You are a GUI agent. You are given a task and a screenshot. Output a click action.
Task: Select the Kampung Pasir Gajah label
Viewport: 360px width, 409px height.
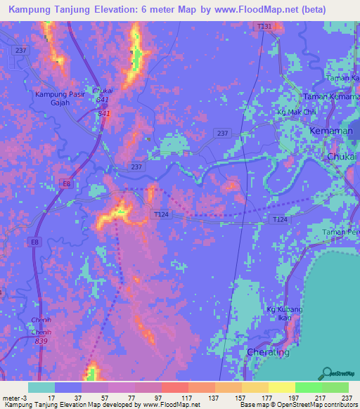coord(63,98)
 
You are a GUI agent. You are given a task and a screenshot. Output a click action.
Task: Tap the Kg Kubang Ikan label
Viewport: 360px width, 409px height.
coord(285,314)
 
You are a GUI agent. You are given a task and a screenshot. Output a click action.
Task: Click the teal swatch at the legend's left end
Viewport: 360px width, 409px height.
coord(41,387)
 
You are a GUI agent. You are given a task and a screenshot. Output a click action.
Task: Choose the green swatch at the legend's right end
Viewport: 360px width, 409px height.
coord(335,387)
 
